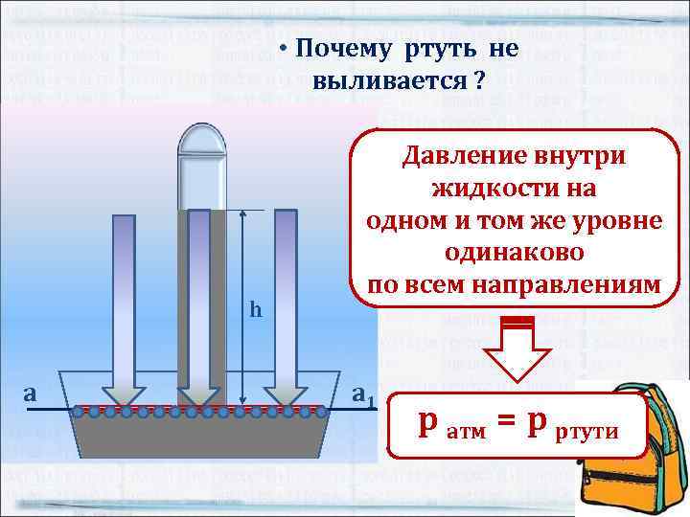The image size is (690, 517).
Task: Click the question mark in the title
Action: point(476,81)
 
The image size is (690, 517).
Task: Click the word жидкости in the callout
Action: point(492,188)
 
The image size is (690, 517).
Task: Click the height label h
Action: point(255,309)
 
